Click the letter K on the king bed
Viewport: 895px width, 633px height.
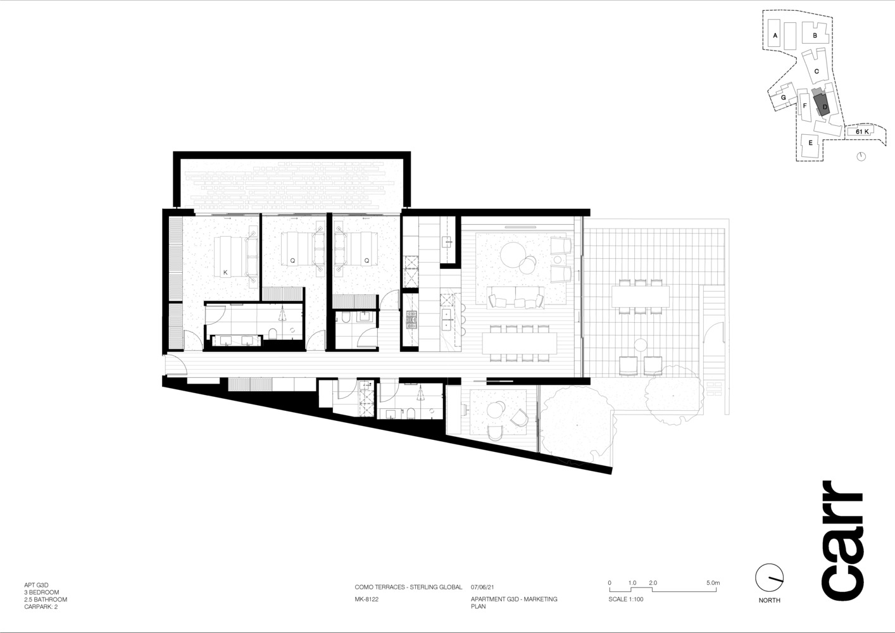(x=225, y=273)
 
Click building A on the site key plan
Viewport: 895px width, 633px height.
(x=774, y=38)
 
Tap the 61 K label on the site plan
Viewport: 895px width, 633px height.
(x=862, y=132)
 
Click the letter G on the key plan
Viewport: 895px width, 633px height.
(x=784, y=97)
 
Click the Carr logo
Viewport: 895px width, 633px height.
(x=843, y=541)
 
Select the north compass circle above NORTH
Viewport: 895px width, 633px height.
(x=769, y=578)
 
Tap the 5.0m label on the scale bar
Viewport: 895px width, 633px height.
(x=713, y=582)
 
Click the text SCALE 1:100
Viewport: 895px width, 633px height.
(x=626, y=599)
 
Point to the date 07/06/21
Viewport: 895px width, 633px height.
(x=482, y=587)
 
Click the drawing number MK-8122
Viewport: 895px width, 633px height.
(x=366, y=599)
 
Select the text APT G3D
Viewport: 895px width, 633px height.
(x=36, y=585)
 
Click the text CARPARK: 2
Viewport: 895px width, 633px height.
(x=41, y=606)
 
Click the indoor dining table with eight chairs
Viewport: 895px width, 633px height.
(x=520, y=343)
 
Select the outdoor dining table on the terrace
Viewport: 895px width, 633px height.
(x=640, y=296)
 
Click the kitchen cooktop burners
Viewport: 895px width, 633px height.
(x=411, y=320)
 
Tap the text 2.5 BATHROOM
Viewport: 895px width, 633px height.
(x=46, y=599)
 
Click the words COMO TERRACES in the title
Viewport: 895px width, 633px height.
(x=379, y=587)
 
